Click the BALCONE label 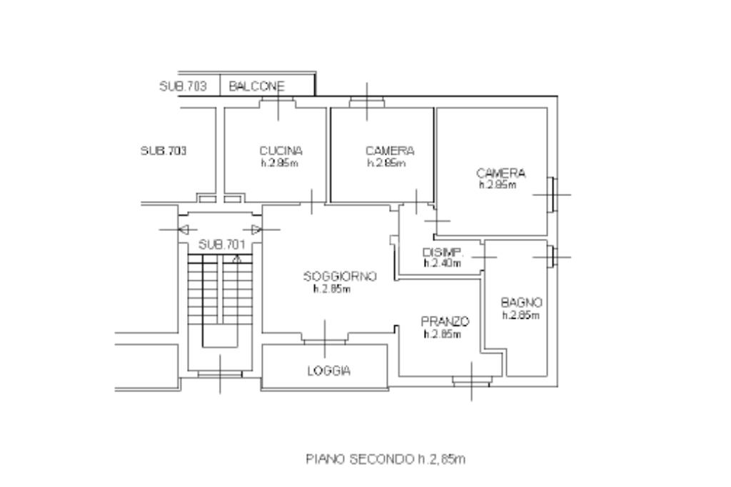pos(256,86)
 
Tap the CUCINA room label pos(281,150)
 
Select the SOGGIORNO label pos(339,277)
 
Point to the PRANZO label pos(445,322)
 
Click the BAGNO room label pos(522,302)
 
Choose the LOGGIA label pos(328,371)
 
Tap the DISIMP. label pos(443,252)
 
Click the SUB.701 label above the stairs pos(221,244)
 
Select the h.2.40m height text pos(442,263)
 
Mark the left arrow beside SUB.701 pos(184,230)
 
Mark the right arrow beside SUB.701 pos(256,230)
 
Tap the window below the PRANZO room pos(471,381)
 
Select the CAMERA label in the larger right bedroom pos(500,173)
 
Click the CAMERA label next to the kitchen pos(389,150)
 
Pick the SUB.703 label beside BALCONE pos(183,86)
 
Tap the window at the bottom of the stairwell pos(219,374)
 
